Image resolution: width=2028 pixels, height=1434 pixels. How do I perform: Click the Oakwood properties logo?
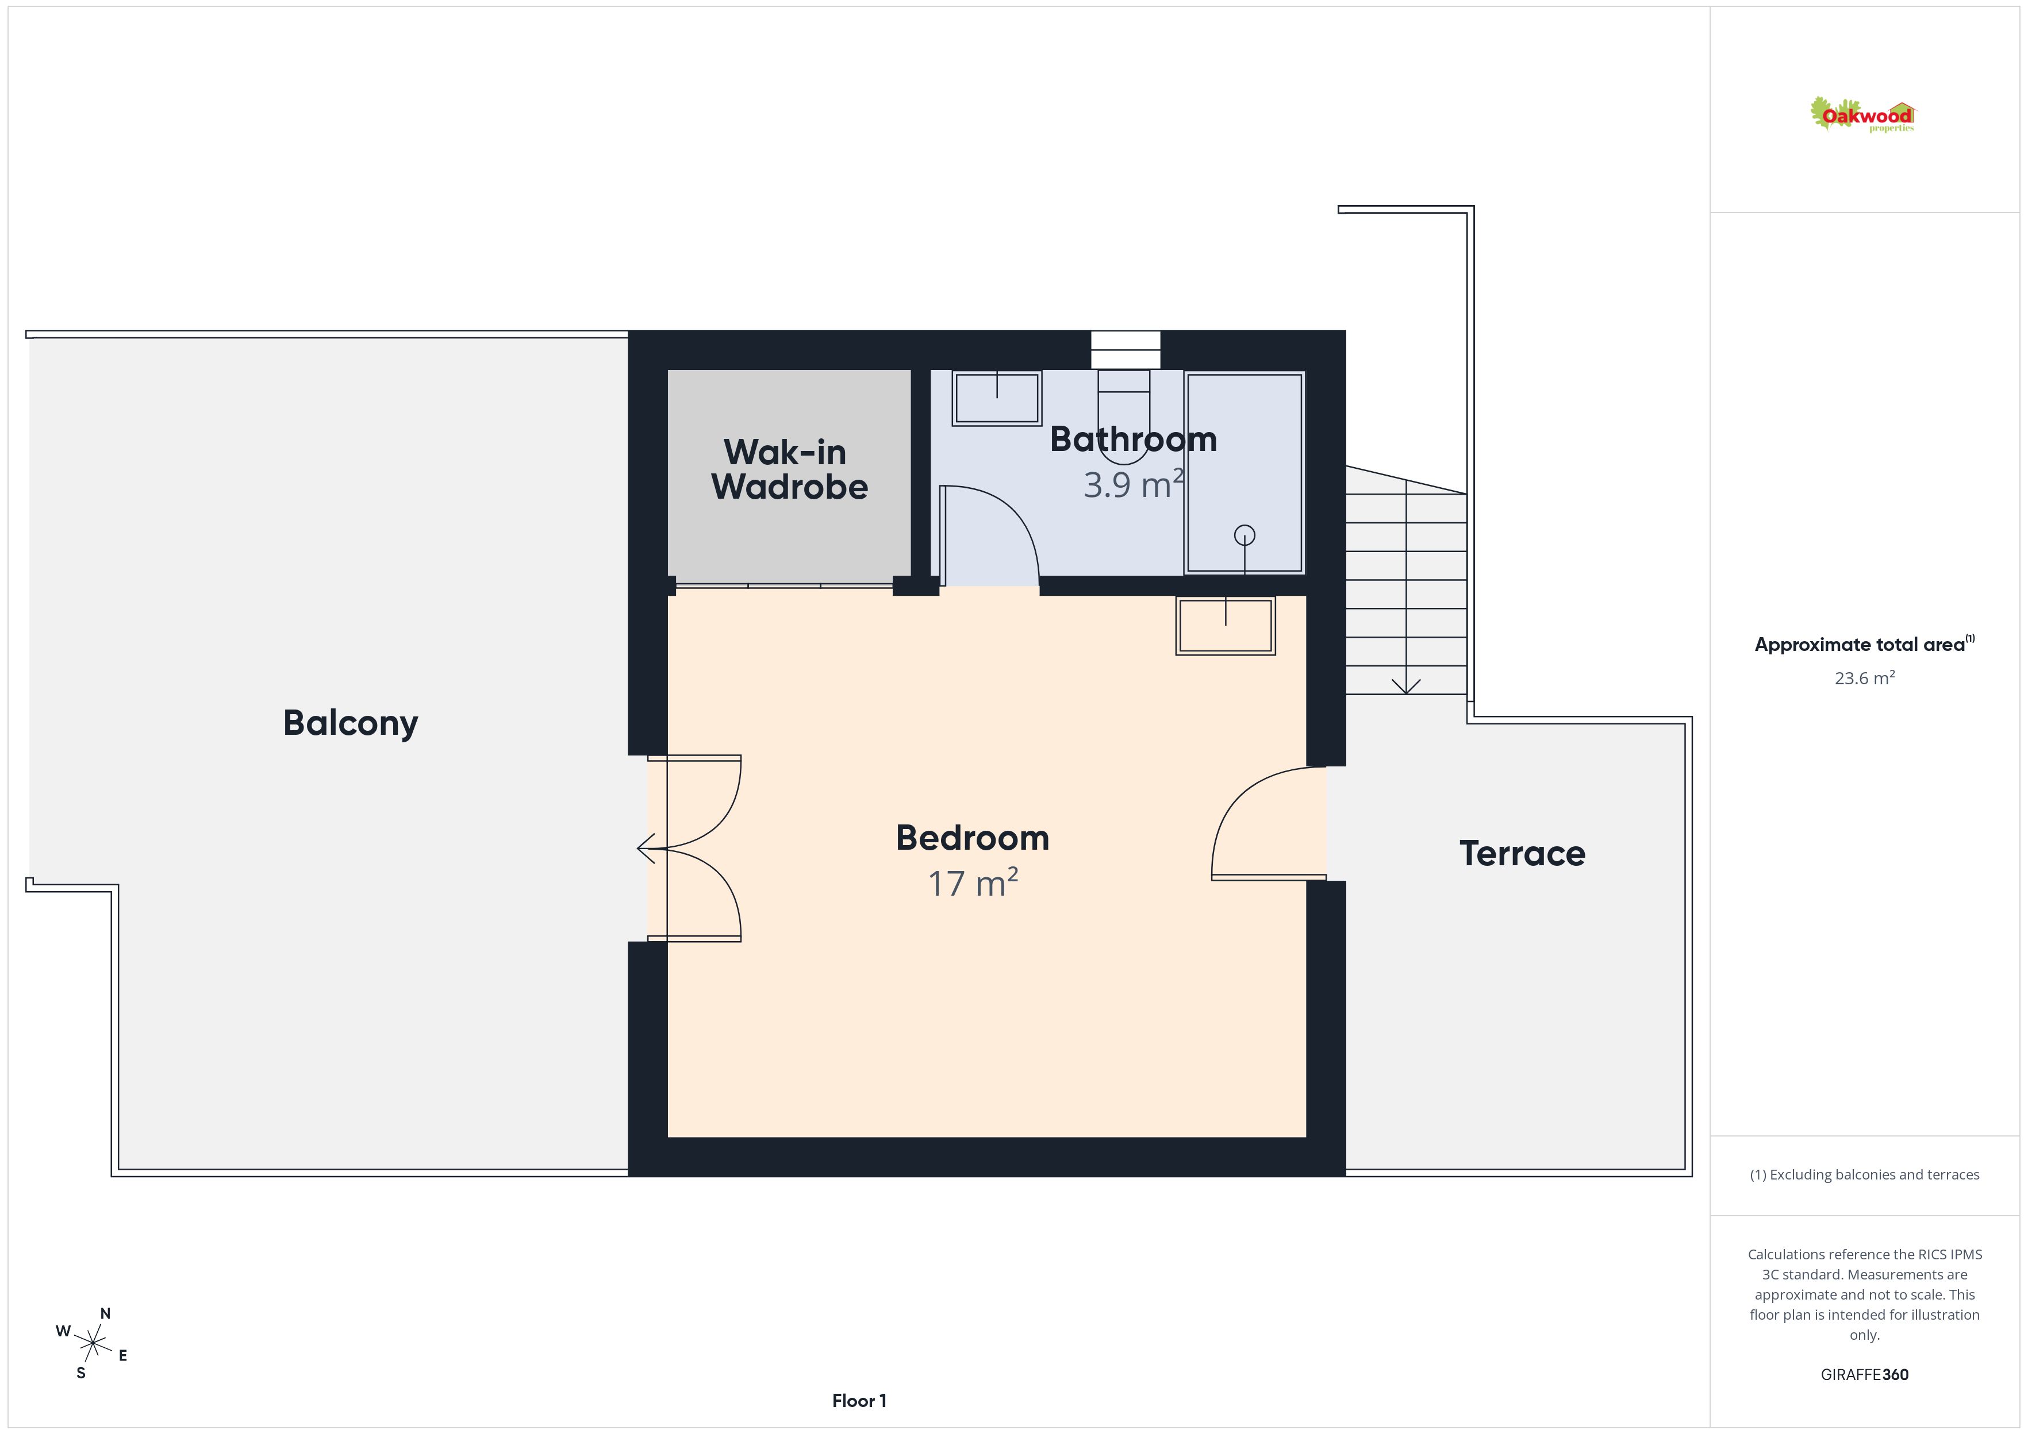click(1862, 115)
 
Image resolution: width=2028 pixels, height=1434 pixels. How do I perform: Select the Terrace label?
click(1522, 854)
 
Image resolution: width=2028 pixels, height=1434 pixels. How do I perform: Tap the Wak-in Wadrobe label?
click(789, 470)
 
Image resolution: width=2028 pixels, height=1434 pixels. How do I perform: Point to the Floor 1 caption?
click(859, 1401)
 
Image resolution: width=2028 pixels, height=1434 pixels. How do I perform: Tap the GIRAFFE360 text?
click(1865, 1374)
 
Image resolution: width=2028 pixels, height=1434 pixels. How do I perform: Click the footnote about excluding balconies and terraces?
click(1865, 1174)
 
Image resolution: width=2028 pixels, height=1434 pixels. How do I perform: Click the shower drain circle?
click(1245, 535)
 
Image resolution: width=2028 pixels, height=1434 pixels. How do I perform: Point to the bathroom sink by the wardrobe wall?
click(996, 398)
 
